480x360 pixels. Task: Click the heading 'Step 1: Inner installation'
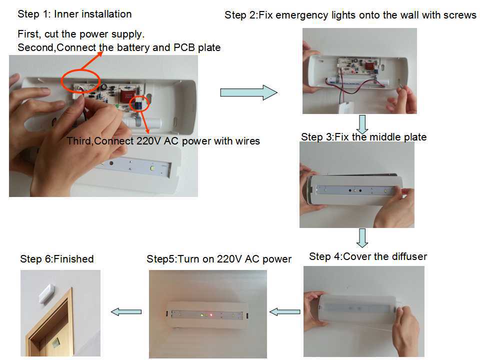[x=74, y=14]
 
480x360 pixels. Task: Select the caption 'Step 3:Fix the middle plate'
[x=363, y=136]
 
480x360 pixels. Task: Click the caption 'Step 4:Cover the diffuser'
[x=368, y=256]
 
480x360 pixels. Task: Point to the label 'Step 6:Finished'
[x=56, y=258]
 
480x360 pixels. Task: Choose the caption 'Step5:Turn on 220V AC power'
[x=219, y=258]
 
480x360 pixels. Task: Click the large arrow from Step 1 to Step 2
[x=248, y=92]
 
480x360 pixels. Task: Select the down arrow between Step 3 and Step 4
[x=363, y=237]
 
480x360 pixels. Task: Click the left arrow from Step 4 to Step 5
[x=285, y=312]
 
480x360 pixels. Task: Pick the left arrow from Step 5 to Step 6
[x=125, y=312]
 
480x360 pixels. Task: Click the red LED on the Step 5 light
[x=211, y=315]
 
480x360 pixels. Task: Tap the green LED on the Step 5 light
[x=201, y=315]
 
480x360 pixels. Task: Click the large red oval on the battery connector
[x=80, y=81]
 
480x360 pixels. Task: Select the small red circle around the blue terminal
[x=137, y=104]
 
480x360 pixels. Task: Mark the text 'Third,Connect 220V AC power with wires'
[x=163, y=141]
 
